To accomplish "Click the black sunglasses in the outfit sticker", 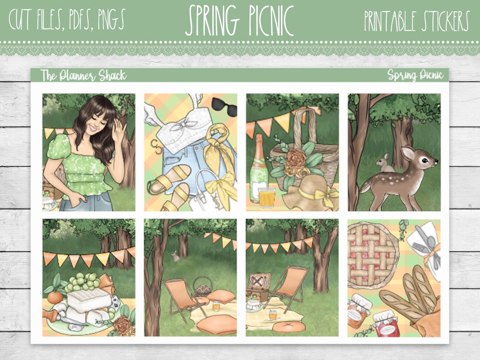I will [x=224, y=106].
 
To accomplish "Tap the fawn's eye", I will [x=423, y=158].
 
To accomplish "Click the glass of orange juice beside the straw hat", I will [x=267, y=198].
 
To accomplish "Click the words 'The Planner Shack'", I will [x=83, y=76].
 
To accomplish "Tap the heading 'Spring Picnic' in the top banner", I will [x=240, y=21].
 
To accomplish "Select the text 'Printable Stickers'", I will [x=416, y=21].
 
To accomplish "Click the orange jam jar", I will [x=358, y=310].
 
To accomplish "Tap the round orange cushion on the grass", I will [x=283, y=327].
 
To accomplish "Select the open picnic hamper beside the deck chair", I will [x=259, y=287].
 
